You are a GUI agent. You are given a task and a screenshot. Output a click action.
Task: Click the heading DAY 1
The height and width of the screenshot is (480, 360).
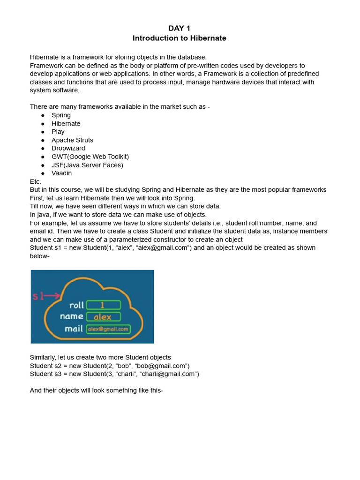(180, 29)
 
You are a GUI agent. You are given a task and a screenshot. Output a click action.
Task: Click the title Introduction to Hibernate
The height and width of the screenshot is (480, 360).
(180, 38)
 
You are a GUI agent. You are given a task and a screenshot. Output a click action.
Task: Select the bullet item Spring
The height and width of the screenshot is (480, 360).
(61, 115)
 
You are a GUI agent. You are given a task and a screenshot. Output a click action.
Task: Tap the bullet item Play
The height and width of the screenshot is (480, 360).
(58, 132)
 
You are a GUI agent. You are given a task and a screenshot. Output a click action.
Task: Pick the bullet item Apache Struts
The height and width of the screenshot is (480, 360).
(72, 140)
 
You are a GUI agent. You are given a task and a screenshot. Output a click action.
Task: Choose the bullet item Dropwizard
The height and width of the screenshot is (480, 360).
(68, 148)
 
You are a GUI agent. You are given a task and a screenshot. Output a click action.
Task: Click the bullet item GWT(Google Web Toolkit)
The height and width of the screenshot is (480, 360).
(90, 157)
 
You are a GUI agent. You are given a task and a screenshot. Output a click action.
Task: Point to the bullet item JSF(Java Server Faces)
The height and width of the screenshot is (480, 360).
(87, 165)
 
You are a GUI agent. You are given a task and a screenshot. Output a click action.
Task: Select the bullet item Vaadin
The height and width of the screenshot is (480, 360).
(62, 173)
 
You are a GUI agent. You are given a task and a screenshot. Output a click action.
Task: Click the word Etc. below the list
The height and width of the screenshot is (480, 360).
(36, 181)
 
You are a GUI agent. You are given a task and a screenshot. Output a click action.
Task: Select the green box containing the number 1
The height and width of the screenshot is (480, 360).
(103, 305)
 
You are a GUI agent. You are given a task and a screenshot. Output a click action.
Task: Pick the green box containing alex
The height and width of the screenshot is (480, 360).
(103, 317)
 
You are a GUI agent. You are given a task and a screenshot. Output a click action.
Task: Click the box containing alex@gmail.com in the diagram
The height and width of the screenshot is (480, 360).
(108, 329)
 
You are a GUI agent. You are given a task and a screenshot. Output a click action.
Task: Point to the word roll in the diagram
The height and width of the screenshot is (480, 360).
(76, 305)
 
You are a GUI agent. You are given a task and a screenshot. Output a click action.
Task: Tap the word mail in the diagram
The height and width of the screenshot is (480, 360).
(74, 329)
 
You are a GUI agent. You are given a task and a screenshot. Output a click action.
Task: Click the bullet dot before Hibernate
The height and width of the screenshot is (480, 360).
(43, 124)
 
